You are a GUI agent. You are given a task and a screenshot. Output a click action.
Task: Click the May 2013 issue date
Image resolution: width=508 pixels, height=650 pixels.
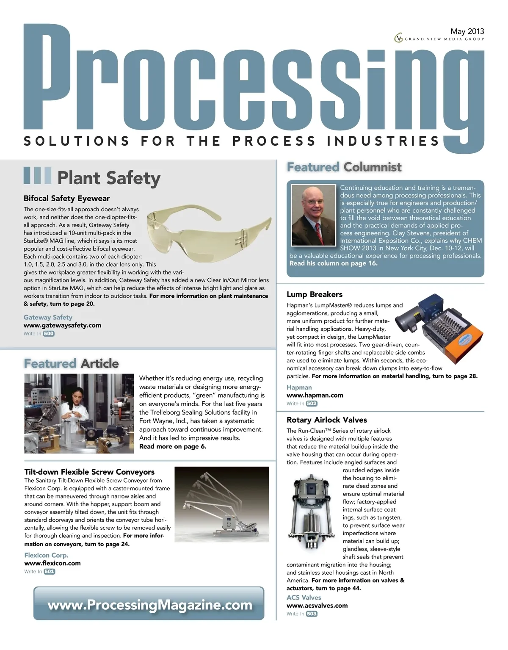coord(467,31)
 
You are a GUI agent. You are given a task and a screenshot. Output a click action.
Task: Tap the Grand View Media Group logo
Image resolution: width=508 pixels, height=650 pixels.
coord(439,39)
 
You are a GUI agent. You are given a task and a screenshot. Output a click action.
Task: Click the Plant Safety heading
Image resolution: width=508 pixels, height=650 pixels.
coord(109,178)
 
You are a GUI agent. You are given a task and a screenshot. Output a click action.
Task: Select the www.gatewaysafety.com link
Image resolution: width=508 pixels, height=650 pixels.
coord(62,325)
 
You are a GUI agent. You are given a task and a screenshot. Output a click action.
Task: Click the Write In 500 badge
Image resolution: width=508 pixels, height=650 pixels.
coord(49,334)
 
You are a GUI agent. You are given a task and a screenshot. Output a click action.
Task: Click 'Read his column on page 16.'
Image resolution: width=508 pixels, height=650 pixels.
coord(333,263)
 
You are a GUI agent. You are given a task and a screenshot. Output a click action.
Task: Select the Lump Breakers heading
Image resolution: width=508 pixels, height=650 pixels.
coord(314,294)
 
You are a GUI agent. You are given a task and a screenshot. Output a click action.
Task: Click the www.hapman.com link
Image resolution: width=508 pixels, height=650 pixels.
coord(315,395)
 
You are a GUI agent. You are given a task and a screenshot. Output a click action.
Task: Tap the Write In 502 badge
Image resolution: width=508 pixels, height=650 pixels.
coord(312,404)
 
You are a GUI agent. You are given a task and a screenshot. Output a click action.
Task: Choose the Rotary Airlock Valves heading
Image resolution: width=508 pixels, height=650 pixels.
coord(326,420)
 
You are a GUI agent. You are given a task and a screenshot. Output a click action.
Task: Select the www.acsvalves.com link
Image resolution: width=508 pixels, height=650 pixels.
coord(317,606)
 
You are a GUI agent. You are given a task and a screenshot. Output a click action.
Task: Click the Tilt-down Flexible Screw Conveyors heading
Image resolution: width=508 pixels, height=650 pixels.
coord(89,472)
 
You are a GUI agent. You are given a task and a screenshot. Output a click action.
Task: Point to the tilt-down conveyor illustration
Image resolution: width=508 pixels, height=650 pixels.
coord(221,504)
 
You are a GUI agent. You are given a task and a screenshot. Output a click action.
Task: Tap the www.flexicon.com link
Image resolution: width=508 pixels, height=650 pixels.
coord(52,563)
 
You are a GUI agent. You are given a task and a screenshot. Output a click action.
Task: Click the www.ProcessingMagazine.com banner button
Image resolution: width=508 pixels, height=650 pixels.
coord(149,605)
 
